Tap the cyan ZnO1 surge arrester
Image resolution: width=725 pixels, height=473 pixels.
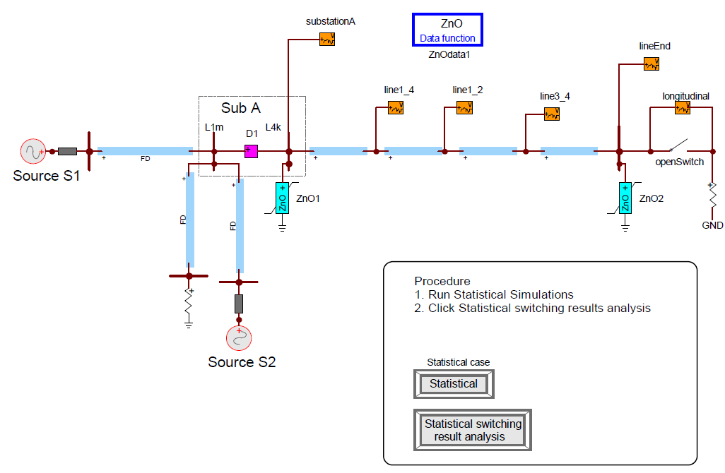[282, 198]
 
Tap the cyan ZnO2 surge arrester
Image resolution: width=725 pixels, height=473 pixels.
[625, 198]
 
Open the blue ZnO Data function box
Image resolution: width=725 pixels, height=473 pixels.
[447, 30]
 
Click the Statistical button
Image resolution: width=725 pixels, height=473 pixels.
[454, 384]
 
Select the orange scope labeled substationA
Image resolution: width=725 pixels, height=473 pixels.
[326, 39]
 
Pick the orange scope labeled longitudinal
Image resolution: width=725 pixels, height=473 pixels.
[682, 107]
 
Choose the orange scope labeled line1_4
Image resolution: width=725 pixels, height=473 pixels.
[396, 107]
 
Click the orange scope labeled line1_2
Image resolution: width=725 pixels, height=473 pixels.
[464, 107]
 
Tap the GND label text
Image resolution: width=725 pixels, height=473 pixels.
[712, 225]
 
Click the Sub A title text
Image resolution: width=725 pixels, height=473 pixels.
[241, 108]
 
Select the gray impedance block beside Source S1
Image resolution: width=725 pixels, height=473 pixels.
[68, 151]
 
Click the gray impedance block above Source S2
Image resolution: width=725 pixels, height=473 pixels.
[239, 304]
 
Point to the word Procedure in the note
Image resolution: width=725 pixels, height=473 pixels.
[442, 281]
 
